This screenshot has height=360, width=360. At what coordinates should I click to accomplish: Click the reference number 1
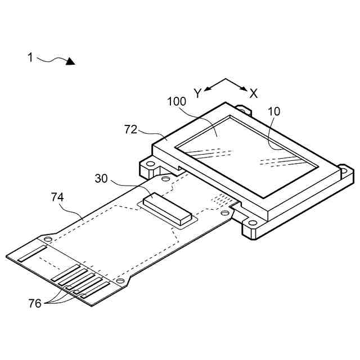pos(30,57)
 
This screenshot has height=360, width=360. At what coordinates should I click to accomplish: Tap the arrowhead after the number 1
pos(70,61)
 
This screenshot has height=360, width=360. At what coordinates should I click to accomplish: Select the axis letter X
pos(254,93)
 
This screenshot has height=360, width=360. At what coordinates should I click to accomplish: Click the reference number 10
pos(274,111)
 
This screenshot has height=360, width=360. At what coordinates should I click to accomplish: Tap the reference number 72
pos(131,130)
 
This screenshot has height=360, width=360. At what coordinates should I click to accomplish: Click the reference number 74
pos(57,197)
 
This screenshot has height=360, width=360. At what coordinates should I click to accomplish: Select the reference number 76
pos(35,303)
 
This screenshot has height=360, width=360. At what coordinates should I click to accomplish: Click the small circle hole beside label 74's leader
pos(48,240)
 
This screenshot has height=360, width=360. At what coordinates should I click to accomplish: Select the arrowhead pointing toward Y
pos(206,88)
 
